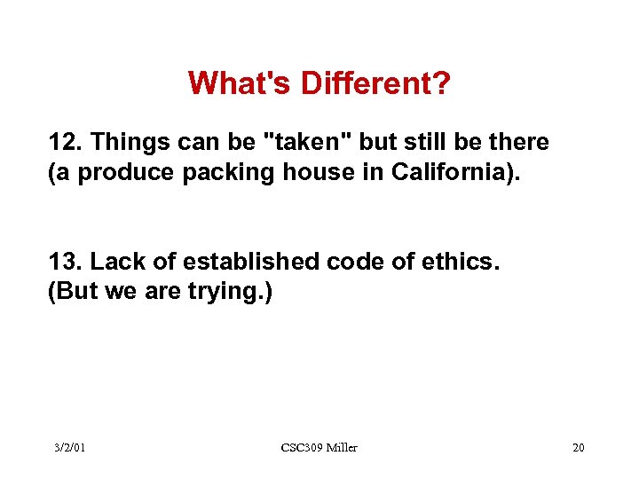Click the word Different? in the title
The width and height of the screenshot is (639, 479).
(375, 84)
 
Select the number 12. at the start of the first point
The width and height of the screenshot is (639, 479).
(66, 142)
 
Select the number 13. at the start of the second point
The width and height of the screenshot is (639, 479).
(66, 262)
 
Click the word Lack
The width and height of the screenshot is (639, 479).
(112, 262)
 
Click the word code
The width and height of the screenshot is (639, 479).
(324, 262)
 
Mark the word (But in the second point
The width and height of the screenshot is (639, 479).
(69, 291)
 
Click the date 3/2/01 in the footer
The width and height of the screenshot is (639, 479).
(68, 448)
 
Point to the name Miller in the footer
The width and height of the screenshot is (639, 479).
(342, 448)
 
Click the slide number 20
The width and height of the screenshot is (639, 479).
(578, 448)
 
